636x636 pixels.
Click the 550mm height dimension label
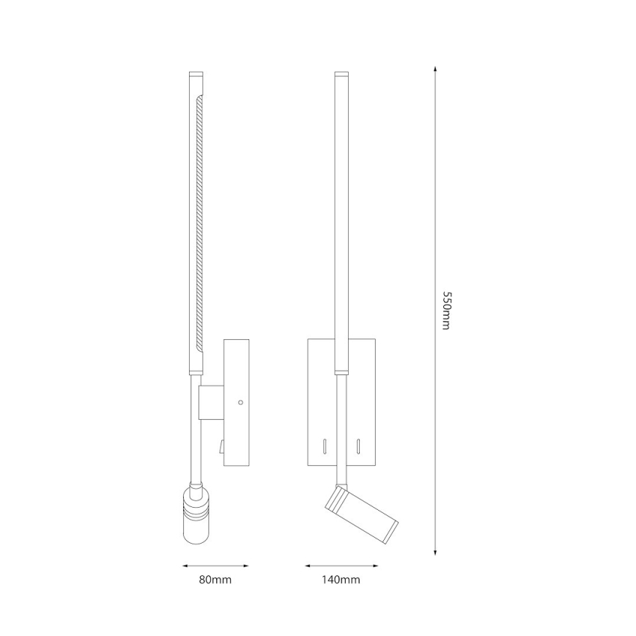pyautogui.click(x=445, y=310)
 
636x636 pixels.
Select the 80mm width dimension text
pyautogui.click(x=215, y=580)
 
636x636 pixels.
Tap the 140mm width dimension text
pyautogui.click(x=341, y=580)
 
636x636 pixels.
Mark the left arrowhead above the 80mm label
pyautogui.click(x=185, y=566)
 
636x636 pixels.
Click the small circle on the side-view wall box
pyautogui.click(x=240, y=403)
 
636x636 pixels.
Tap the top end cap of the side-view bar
pyautogui.click(x=196, y=75)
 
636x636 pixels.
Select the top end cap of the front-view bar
pyautogui.click(x=341, y=75)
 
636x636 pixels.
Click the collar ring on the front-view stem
pyautogui.click(x=341, y=371)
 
